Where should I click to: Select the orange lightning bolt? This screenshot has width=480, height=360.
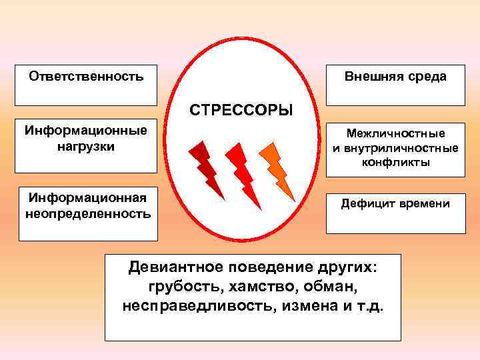(x=276, y=170)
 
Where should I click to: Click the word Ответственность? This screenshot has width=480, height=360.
(x=86, y=76)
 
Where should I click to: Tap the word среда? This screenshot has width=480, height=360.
(x=427, y=77)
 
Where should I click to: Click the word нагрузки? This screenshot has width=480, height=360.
(x=86, y=145)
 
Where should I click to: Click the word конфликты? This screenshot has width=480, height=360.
(x=395, y=161)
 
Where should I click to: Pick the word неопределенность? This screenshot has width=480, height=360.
(x=87, y=215)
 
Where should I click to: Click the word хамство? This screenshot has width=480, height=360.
(x=261, y=287)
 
